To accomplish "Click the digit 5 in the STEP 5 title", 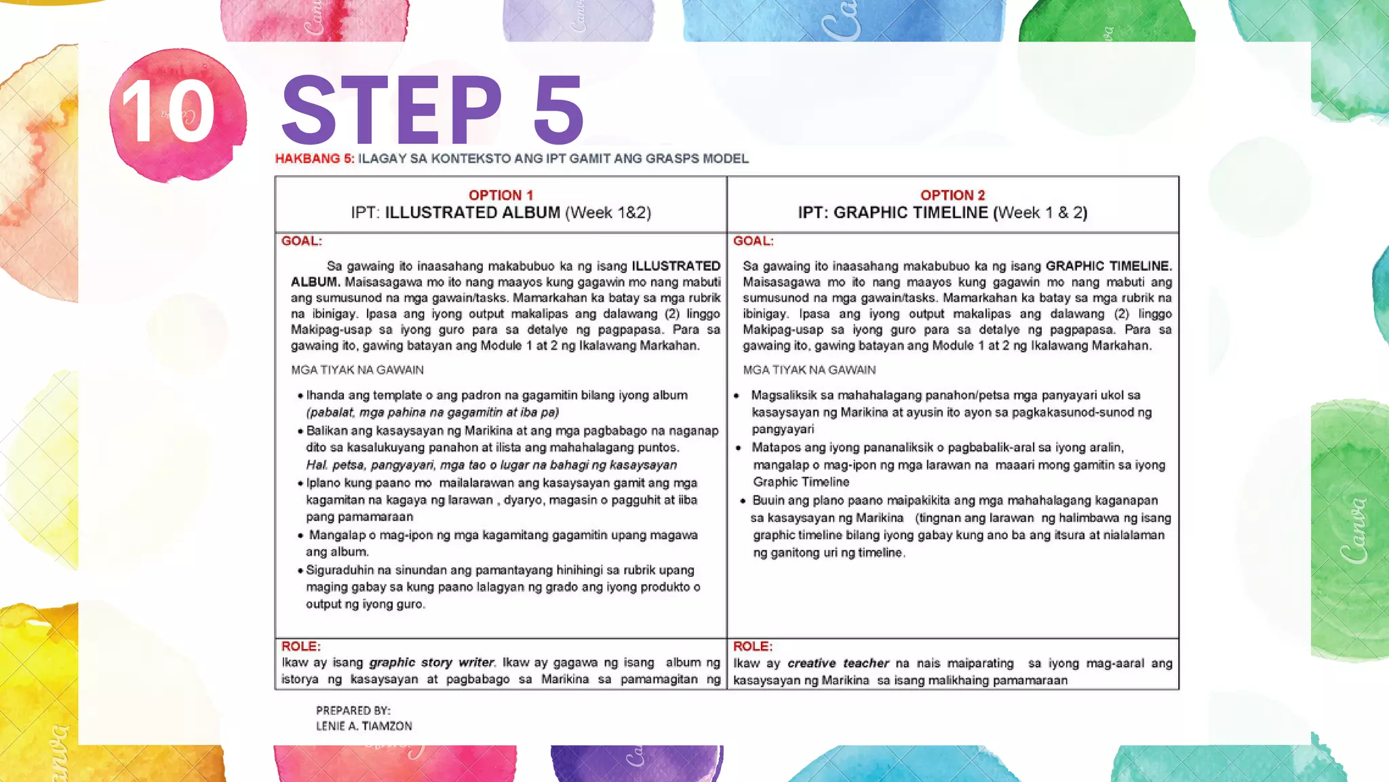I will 557,110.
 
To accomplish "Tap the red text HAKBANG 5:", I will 314,159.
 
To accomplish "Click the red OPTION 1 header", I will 501,195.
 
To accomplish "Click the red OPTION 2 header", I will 952,195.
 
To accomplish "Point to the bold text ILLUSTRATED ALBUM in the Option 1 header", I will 472,213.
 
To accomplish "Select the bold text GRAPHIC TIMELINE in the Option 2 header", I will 910,213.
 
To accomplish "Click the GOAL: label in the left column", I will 301,241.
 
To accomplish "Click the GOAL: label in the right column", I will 753,241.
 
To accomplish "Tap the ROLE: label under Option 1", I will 300,646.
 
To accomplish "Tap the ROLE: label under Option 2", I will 752,646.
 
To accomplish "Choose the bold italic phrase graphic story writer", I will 432,663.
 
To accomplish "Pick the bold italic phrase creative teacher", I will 838,663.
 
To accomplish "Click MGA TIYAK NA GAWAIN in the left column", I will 357,370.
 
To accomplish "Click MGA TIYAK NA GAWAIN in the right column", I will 808,370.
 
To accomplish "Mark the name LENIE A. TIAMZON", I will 364,726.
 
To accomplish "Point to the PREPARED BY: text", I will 353,711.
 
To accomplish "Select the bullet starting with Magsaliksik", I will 946,412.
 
